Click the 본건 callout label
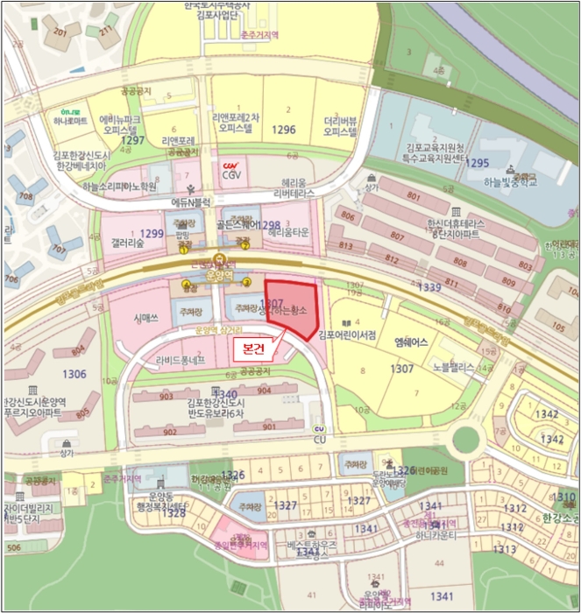click(254, 347)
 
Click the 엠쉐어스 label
click(410, 342)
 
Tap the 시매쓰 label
click(145, 321)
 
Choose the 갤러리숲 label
click(129, 243)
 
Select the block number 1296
click(284, 130)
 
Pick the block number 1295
click(478, 163)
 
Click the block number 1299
click(152, 233)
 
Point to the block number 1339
click(430, 286)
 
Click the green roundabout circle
click(466, 439)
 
